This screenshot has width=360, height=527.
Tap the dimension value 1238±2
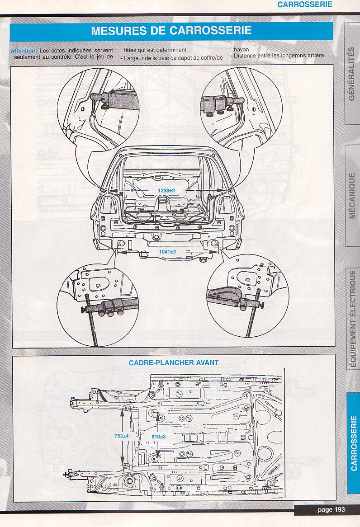point(166,191)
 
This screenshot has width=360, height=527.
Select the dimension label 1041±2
point(167,251)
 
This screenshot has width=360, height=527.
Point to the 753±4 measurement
point(122,436)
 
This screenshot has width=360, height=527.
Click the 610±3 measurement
point(158,437)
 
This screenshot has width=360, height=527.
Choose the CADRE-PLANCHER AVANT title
point(174,362)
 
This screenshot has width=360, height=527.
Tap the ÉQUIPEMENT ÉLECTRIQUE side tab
point(353,319)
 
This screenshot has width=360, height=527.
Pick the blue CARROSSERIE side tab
point(353,443)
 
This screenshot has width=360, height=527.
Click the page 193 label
point(331,509)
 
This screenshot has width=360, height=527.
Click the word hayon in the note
point(241,50)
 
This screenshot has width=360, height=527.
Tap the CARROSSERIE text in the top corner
point(304,5)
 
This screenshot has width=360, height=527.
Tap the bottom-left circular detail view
point(97,303)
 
